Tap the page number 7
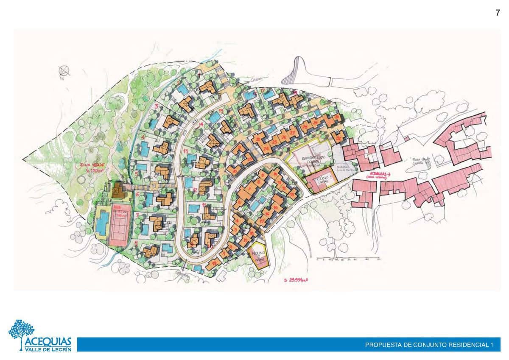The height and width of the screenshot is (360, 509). point(498,13)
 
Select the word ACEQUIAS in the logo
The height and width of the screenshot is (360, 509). point(48,342)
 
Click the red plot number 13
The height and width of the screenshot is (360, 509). point(185,151)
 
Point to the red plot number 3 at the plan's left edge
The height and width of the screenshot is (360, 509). point(157,106)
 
